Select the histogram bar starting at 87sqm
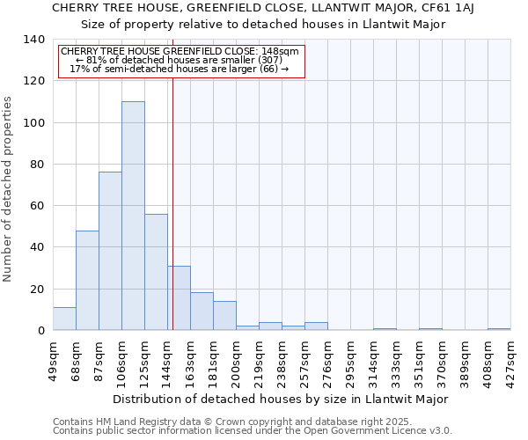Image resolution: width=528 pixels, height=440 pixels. (x=110, y=251)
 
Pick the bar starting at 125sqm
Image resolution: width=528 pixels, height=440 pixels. (x=156, y=272)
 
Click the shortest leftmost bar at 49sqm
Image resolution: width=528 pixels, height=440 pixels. (x=64, y=319)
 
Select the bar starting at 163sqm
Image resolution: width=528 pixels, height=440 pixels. (x=202, y=312)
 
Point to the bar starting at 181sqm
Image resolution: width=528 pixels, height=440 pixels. (x=224, y=316)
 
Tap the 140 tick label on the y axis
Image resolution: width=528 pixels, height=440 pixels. (x=33, y=40)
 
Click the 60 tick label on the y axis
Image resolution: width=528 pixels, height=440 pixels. (x=37, y=206)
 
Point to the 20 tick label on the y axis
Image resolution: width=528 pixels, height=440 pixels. (x=37, y=289)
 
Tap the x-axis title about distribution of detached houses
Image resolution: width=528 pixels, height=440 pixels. (x=281, y=399)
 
